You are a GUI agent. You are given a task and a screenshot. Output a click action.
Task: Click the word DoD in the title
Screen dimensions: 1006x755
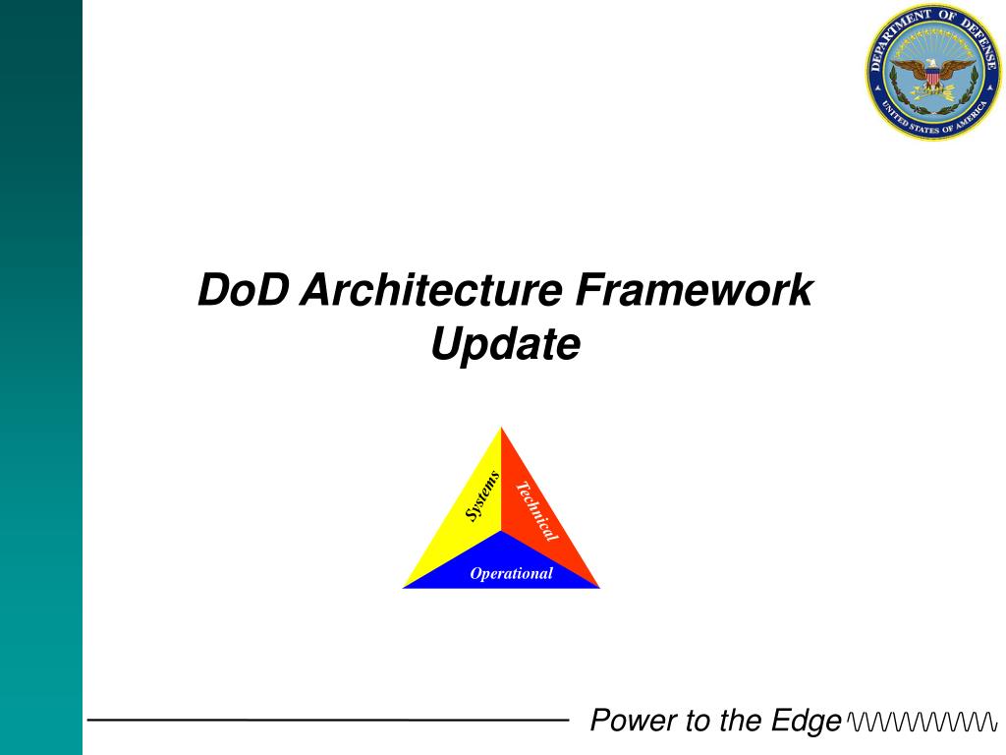(x=244, y=290)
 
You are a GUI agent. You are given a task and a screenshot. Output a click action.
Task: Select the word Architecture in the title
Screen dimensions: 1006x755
(x=432, y=290)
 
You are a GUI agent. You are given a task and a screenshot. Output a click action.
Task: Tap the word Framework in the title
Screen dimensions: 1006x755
(x=695, y=290)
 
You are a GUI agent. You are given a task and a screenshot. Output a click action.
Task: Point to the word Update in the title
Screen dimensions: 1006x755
(x=506, y=345)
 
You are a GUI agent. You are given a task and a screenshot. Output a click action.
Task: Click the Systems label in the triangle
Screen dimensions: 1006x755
(x=481, y=496)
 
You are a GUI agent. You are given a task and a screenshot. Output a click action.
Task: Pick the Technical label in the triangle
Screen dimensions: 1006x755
(x=537, y=511)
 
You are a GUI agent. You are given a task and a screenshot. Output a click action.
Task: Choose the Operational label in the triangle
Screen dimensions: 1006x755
(x=511, y=573)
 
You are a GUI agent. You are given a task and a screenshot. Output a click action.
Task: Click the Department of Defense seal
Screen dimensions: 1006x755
(x=933, y=71)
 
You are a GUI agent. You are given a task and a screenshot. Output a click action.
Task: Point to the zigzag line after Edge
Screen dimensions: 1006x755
(x=922, y=721)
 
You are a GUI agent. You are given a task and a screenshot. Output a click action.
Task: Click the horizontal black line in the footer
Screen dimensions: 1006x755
(x=328, y=720)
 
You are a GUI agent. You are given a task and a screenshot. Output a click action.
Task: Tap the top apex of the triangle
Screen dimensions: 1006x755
(x=501, y=427)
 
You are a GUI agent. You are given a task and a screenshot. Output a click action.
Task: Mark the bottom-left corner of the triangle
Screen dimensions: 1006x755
(x=402, y=588)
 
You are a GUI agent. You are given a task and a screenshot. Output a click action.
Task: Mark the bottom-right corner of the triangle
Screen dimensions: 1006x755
(x=600, y=588)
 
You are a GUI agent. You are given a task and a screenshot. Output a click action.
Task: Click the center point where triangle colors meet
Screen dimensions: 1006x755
(x=501, y=531)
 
